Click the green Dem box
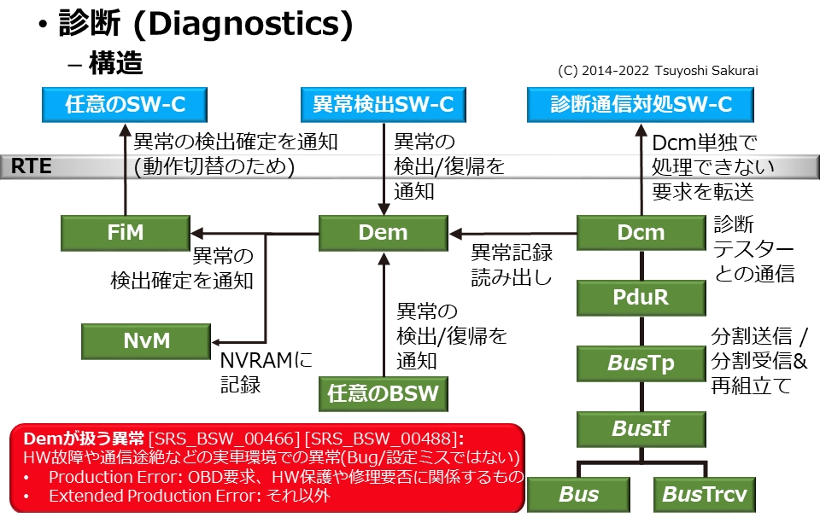coord(383,233)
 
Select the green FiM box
coord(126,233)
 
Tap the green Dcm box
coord(641,233)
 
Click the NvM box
coord(145,341)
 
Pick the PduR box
coord(641,299)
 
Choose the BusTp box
coord(641,363)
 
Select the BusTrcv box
coord(704,495)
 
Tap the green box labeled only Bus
coord(578,495)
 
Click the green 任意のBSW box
coord(383,394)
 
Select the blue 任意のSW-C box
coord(126,105)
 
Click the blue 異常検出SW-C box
coord(383,105)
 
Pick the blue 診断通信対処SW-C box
coord(641,105)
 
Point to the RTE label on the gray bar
coord(32,166)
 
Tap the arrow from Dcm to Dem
coord(513,233)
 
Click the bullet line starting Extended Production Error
coord(188,495)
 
